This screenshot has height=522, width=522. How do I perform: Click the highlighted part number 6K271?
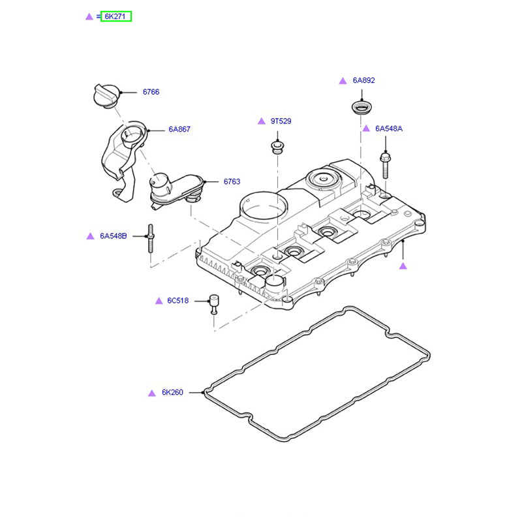pos(115,16)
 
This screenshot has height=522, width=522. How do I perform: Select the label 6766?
pos(151,92)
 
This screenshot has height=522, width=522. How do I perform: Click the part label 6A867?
pos(179,130)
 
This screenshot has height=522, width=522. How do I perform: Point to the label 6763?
pos(232,181)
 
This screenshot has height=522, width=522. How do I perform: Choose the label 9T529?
pos(281,121)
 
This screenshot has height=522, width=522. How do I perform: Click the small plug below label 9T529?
pos(277,146)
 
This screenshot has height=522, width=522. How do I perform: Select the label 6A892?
pos(363,80)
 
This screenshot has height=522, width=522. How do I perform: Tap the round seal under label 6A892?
pos(361,108)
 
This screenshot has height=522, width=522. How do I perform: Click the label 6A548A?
pos(388,129)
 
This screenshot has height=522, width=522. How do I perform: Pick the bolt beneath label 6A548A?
pos(384,164)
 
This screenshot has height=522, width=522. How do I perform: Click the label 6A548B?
pos(114,236)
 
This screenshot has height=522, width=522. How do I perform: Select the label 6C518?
pos(177,301)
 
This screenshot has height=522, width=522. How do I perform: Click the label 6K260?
pos(172,393)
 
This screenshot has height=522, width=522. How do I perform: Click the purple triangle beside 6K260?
pos(151,393)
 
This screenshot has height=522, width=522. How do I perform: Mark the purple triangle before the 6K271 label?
pos(89,16)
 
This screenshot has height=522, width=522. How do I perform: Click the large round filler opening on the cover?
pos(263,206)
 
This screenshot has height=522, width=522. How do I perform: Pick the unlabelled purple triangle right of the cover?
pos(403,266)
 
